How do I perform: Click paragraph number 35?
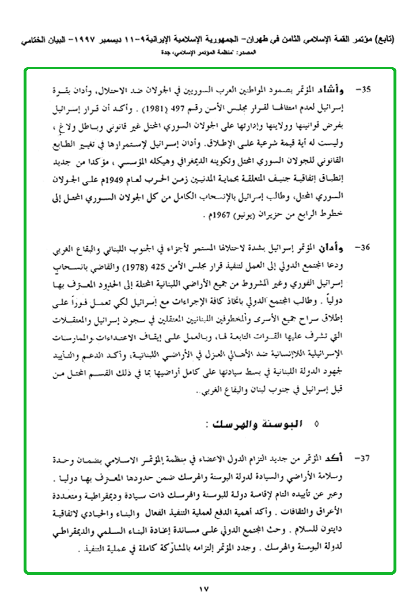click(x=364, y=90)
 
